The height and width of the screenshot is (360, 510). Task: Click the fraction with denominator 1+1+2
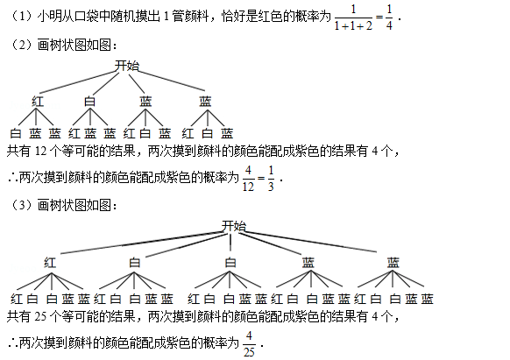353,18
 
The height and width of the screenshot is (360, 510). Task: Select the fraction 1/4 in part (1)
389,18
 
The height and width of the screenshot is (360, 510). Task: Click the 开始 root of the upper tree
127,66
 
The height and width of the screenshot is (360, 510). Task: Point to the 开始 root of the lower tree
234,226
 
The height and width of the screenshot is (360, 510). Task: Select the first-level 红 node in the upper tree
38,101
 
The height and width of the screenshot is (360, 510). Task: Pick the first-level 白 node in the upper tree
89,101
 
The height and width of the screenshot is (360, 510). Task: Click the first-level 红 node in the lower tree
50,262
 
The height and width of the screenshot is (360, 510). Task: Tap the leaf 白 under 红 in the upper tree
16,133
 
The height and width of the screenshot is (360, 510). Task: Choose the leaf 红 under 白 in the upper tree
74,133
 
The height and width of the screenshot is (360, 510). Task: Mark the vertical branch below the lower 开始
230,243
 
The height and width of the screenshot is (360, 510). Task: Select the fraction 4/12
248,178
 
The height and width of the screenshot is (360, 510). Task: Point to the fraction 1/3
271,178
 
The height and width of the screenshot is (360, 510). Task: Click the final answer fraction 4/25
249,343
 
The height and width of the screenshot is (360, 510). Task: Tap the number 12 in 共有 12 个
41,151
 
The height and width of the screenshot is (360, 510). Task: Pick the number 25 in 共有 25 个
41,316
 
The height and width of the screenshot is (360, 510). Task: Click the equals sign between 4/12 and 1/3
261,178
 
